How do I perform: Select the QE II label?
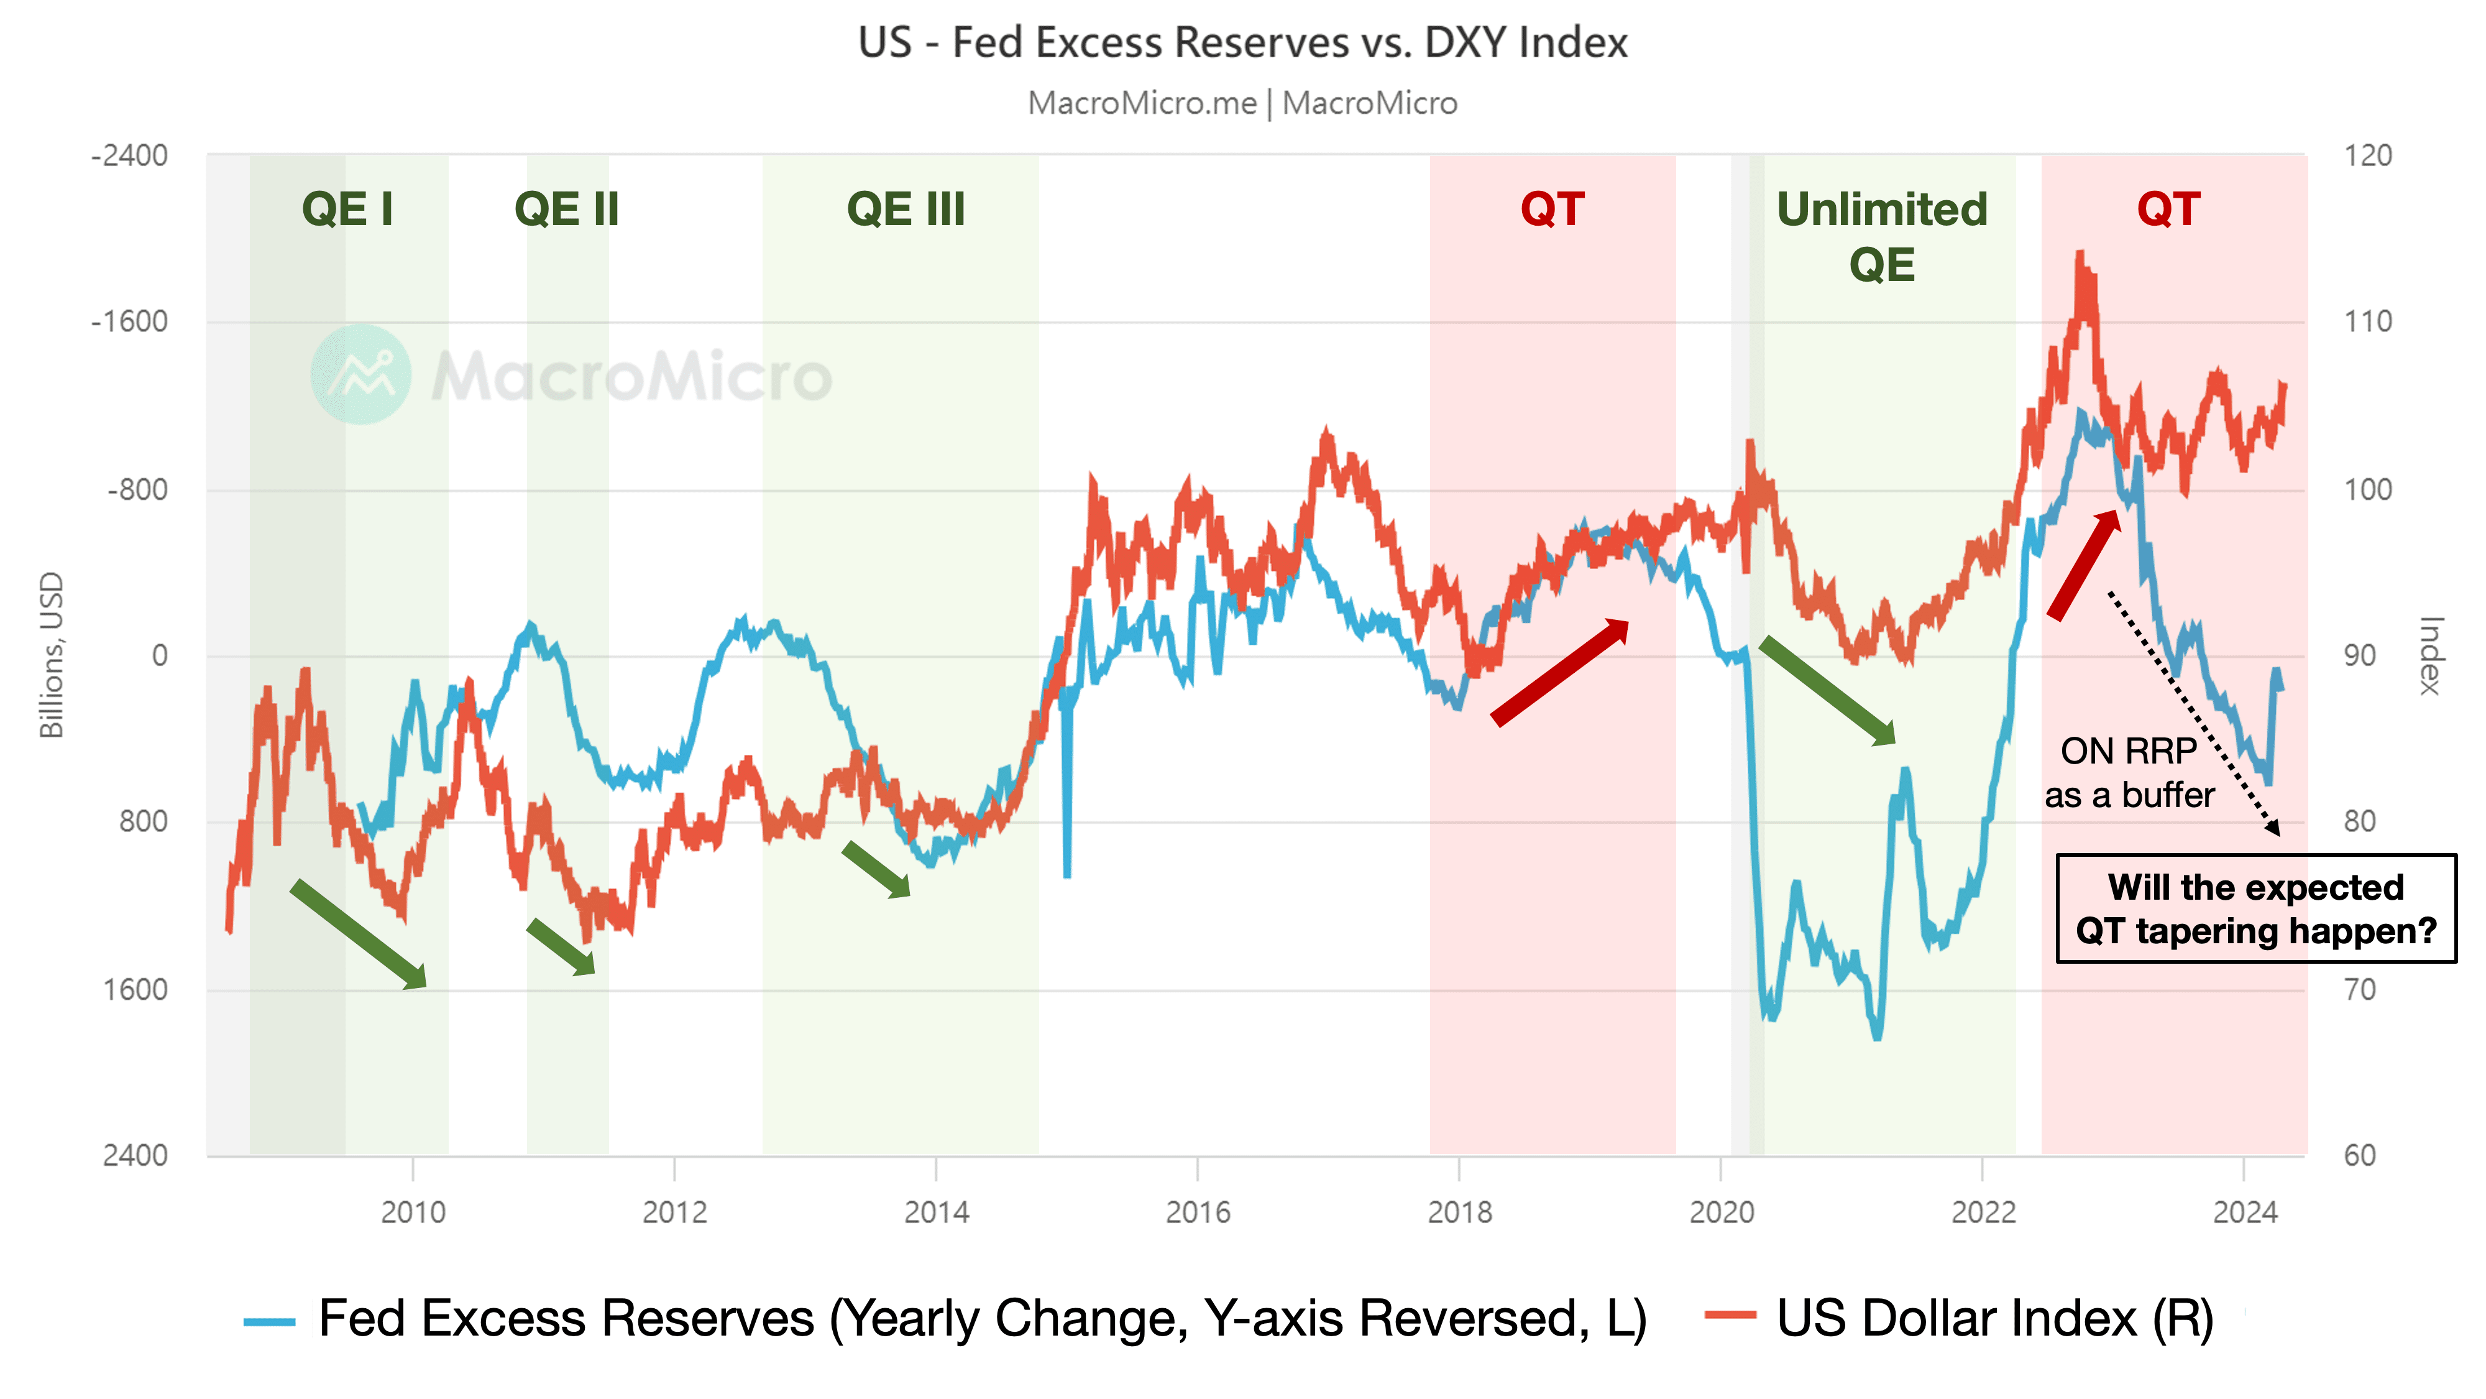pos(566,210)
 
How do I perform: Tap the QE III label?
pos(906,210)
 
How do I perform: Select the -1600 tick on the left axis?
pos(129,321)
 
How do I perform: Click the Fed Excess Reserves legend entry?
pos(946,1318)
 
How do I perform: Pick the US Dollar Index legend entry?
pos(1959,1318)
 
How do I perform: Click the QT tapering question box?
pos(2255,908)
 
